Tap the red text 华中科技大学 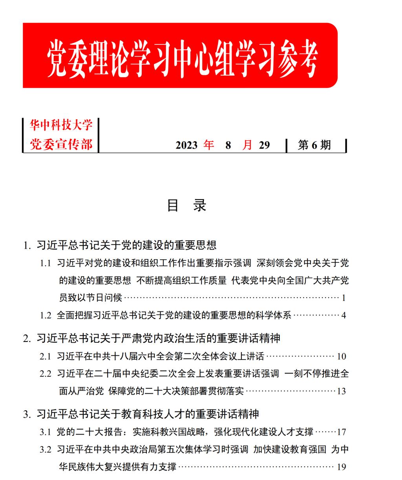[x=61, y=125]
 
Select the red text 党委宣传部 [x=61, y=144]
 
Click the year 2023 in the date [x=186, y=145]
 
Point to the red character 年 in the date [x=208, y=145]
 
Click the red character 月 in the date [x=247, y=145]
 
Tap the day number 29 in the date [x=265, y=145]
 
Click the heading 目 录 [x=186, y=205]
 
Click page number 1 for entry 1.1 [x=344, y=298]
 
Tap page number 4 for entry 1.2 [x=344, y=315]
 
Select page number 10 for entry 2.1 [x=341, y=356]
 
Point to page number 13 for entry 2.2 [x=341, y=391]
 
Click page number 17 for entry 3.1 [x=341, y=432]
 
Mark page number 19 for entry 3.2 [x=341, y=467]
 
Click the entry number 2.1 [x=46, y=356]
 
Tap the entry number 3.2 [x=46, y=450]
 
